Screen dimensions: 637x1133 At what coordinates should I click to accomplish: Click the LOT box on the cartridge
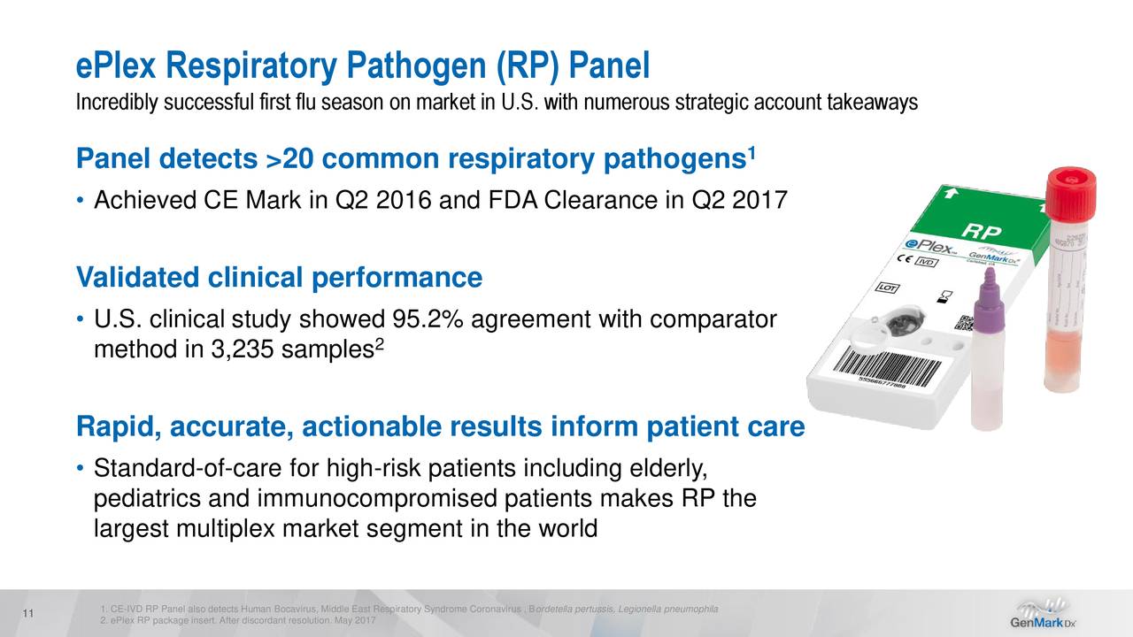pyautogui.click(x=888, y=288)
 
